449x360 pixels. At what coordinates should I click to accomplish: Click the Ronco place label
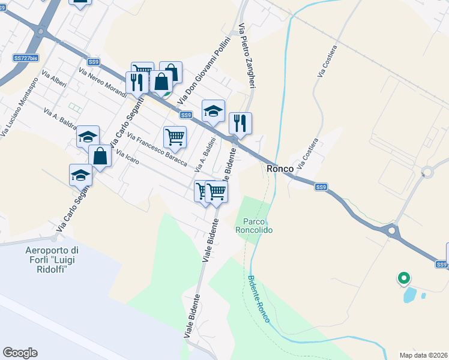280,169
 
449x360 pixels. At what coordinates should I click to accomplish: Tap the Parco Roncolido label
254,226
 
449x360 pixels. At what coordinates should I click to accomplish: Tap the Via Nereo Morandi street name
102,82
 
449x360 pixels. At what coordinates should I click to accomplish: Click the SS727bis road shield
26,58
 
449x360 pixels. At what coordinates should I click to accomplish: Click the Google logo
20,353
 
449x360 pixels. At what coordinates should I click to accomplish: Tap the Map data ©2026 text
423,355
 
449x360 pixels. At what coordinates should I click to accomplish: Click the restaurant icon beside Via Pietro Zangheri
240,123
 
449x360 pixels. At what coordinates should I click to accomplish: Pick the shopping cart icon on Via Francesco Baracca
175,136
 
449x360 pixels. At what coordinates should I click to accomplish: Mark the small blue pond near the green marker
411,294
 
